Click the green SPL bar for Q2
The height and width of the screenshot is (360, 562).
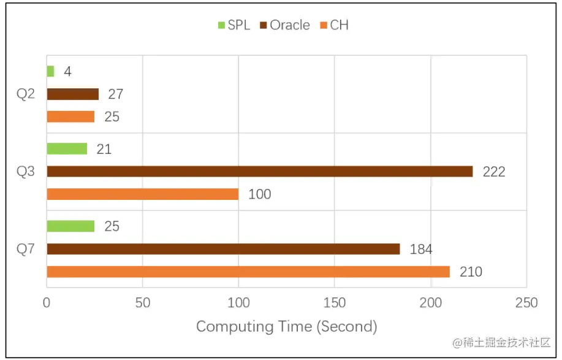tap(50, 71)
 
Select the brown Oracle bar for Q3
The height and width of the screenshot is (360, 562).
tap(259, 171)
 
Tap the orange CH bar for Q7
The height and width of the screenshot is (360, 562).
tap(248, 272)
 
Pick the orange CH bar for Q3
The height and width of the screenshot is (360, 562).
tap(142, 194)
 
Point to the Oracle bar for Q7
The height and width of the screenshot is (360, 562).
tap(223, 249)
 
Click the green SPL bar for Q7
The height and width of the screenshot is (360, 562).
tap(70, 226)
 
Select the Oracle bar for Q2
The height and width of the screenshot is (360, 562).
tap(72, 94)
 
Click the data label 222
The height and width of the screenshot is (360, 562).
tap(493, 172)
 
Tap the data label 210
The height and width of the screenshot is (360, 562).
tap(471, 272)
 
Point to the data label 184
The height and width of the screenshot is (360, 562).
tap(420, 249)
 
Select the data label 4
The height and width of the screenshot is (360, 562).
tap(67, 72)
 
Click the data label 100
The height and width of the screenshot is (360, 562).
tap(259, 194)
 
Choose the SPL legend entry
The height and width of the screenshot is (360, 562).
tap(234, 25)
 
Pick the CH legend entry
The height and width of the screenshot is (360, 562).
tap(334, 25)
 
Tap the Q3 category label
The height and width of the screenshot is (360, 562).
tap(26, 172)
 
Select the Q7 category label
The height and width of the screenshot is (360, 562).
tap(26, 249)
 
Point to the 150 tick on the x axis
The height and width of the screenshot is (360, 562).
tap(334, 303)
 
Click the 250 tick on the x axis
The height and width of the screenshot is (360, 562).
tap(526, 303)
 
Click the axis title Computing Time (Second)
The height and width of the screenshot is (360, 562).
tap(286, 326)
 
